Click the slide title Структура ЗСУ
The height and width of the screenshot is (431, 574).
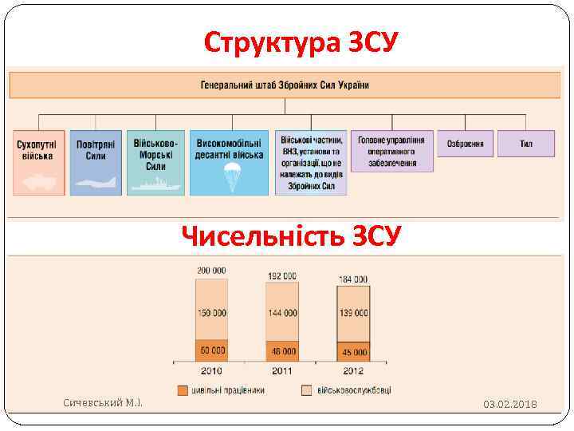[x=301, y=41]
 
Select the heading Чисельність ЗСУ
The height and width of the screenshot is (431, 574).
[x=291, y=235]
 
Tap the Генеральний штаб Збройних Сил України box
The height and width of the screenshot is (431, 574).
[x=285, y=85]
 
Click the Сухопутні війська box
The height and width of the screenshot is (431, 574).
[x=38, y=162]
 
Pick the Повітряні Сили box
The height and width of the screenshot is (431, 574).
[x=96, y=162]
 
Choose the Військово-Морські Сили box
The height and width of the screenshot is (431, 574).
[x=155, y=162]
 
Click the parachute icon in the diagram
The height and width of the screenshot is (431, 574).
[x=233, y=176]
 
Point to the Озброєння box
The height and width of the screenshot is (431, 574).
[x=465, y=144]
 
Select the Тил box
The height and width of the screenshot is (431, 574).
[x=526, y=144]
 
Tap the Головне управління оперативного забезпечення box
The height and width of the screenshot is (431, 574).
[x=391, y=151]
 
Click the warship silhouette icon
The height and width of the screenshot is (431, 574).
[x=155, y=183]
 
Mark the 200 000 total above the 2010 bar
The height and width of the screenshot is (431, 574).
[x=212, y=271]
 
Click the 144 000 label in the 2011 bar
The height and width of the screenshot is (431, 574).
[x=281, y=314]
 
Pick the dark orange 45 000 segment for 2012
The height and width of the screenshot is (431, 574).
[x=353, y=351]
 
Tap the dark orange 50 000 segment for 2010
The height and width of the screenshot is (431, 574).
[x=212, y=350]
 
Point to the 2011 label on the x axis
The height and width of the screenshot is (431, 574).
[x=281, y=370]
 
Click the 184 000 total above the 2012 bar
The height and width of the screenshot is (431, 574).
[x=353, y=279]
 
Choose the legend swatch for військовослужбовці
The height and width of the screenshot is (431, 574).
[x=307, y=390]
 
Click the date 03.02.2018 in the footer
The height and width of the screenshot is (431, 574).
[x=510, y=405]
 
